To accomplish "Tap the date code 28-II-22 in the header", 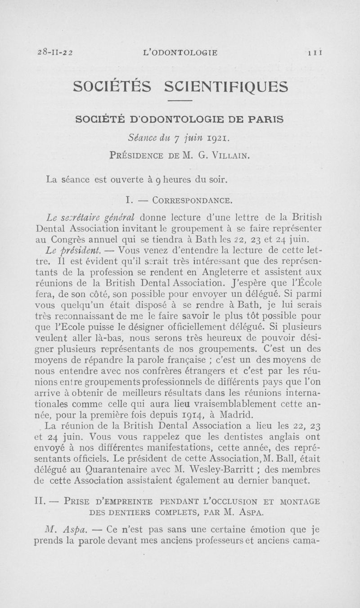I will (x=52, y=53).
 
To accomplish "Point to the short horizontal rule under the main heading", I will (x=180, y=100).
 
